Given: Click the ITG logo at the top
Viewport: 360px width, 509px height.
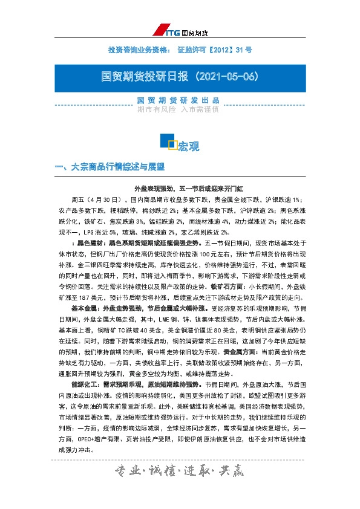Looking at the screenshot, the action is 187,31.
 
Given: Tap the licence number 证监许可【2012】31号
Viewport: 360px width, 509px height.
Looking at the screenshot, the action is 215,49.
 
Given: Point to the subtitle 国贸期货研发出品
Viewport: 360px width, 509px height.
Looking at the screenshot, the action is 178,100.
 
